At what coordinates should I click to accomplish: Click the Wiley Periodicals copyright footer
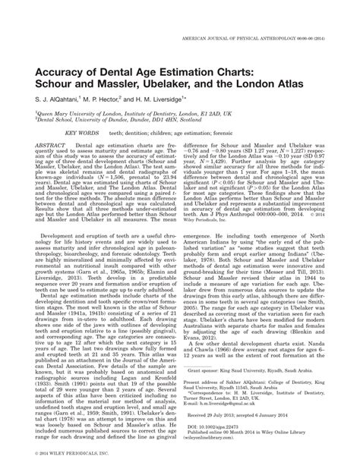tap(65, 452)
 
